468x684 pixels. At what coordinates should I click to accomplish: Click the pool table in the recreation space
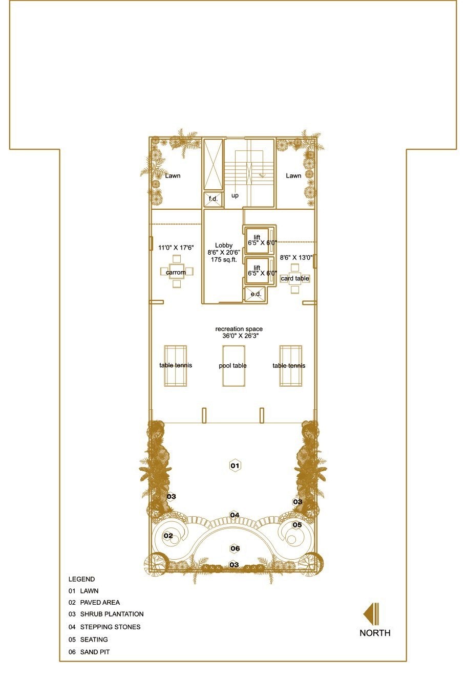coord(233,366)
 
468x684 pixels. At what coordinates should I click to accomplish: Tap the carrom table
coord(177,271)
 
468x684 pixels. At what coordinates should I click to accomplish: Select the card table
coord(295,278)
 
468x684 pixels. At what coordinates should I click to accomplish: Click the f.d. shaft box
coord(213,199)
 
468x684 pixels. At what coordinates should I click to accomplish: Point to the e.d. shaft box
coord(256,294)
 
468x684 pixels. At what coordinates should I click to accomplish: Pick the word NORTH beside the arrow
coord(375,633)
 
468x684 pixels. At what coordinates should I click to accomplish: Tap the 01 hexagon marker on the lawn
coord(235,466)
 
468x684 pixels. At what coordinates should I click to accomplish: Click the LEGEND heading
coord(81,579)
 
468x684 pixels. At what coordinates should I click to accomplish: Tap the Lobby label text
coord(224,245)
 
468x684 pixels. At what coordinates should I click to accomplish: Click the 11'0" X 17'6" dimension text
coord(176,248)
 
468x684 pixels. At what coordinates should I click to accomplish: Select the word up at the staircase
coord(235,195)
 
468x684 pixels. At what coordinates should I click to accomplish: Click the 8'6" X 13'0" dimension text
coord(296,258)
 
